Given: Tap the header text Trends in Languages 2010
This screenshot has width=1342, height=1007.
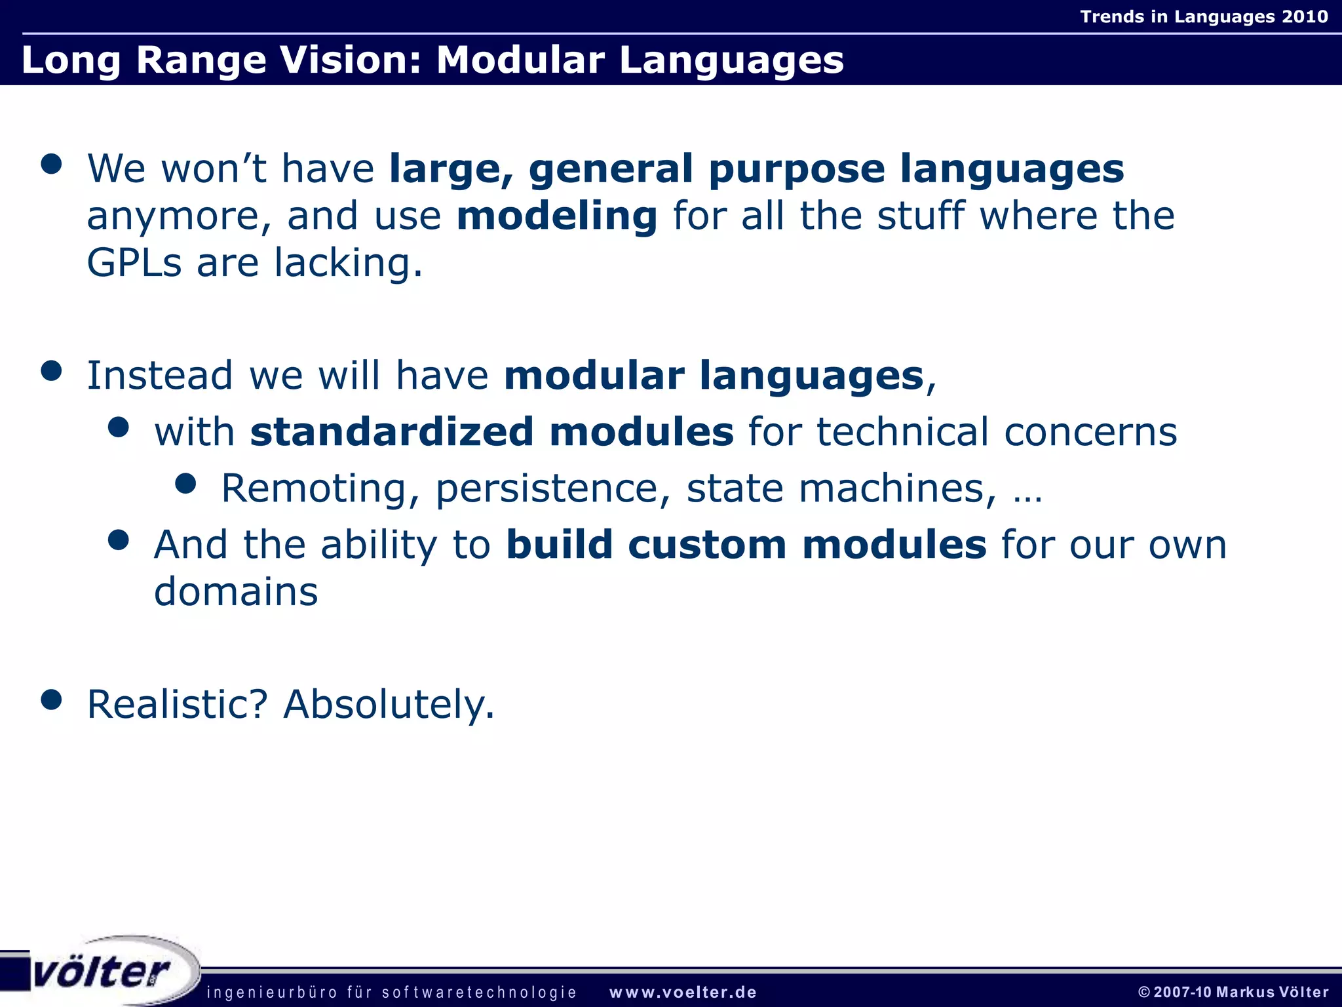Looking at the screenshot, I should coord(1204,16).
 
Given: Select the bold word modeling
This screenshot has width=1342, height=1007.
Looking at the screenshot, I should coord(557,216).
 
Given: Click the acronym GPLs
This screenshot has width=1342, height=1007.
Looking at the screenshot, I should coord(134,264).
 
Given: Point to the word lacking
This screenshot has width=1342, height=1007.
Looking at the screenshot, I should coord(348,264).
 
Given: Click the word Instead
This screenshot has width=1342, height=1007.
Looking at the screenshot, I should coord(160,376).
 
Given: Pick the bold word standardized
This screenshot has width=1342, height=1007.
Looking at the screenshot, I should coord(392,432).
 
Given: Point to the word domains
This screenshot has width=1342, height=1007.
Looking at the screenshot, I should coord(236,592).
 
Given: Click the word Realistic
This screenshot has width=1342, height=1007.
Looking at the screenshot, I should coord(177,705).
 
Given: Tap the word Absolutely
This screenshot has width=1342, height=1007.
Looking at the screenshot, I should coord(389,705).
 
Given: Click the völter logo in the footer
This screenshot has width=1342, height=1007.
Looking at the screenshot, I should coord(102,972).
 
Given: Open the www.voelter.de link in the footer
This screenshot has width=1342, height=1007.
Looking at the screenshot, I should coord(683,993).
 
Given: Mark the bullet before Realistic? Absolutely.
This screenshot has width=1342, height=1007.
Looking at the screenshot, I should coord(51,700).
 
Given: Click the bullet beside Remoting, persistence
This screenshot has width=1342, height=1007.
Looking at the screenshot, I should coord(186,484).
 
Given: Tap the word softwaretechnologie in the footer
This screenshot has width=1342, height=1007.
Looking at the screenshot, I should coord(479,993).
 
